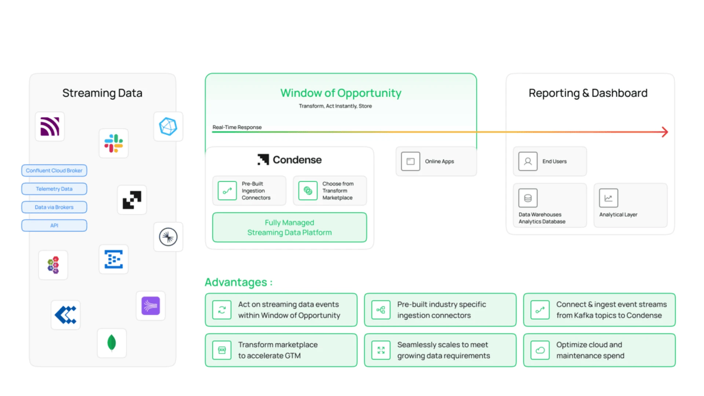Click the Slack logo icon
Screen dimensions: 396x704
(114, 143)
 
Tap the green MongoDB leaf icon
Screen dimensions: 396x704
(111, 343)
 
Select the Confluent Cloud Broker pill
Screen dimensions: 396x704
(54, 170)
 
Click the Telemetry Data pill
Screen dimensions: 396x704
(54, 189)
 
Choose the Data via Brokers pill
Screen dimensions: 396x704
(54, 207)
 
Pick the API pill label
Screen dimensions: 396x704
(54, 225)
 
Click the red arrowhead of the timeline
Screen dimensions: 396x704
(665, 132)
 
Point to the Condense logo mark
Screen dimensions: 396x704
(263, 159)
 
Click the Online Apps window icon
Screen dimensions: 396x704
(410, 161)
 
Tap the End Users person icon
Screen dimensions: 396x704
(528, 161)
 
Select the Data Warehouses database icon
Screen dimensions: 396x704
(528, 198)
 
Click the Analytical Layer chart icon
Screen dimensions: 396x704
(608, 198)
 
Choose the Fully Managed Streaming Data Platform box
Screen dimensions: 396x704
(289, 227)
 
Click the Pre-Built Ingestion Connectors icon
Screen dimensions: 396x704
(227, 191)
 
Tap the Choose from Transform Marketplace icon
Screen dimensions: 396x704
(308, 191)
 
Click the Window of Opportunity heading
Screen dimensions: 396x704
(341, 93)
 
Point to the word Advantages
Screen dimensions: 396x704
(236, 282)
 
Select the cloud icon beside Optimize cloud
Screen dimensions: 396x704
(540, 350)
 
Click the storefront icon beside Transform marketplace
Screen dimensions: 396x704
(222, 350)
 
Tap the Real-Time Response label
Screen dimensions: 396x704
(237, 127)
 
